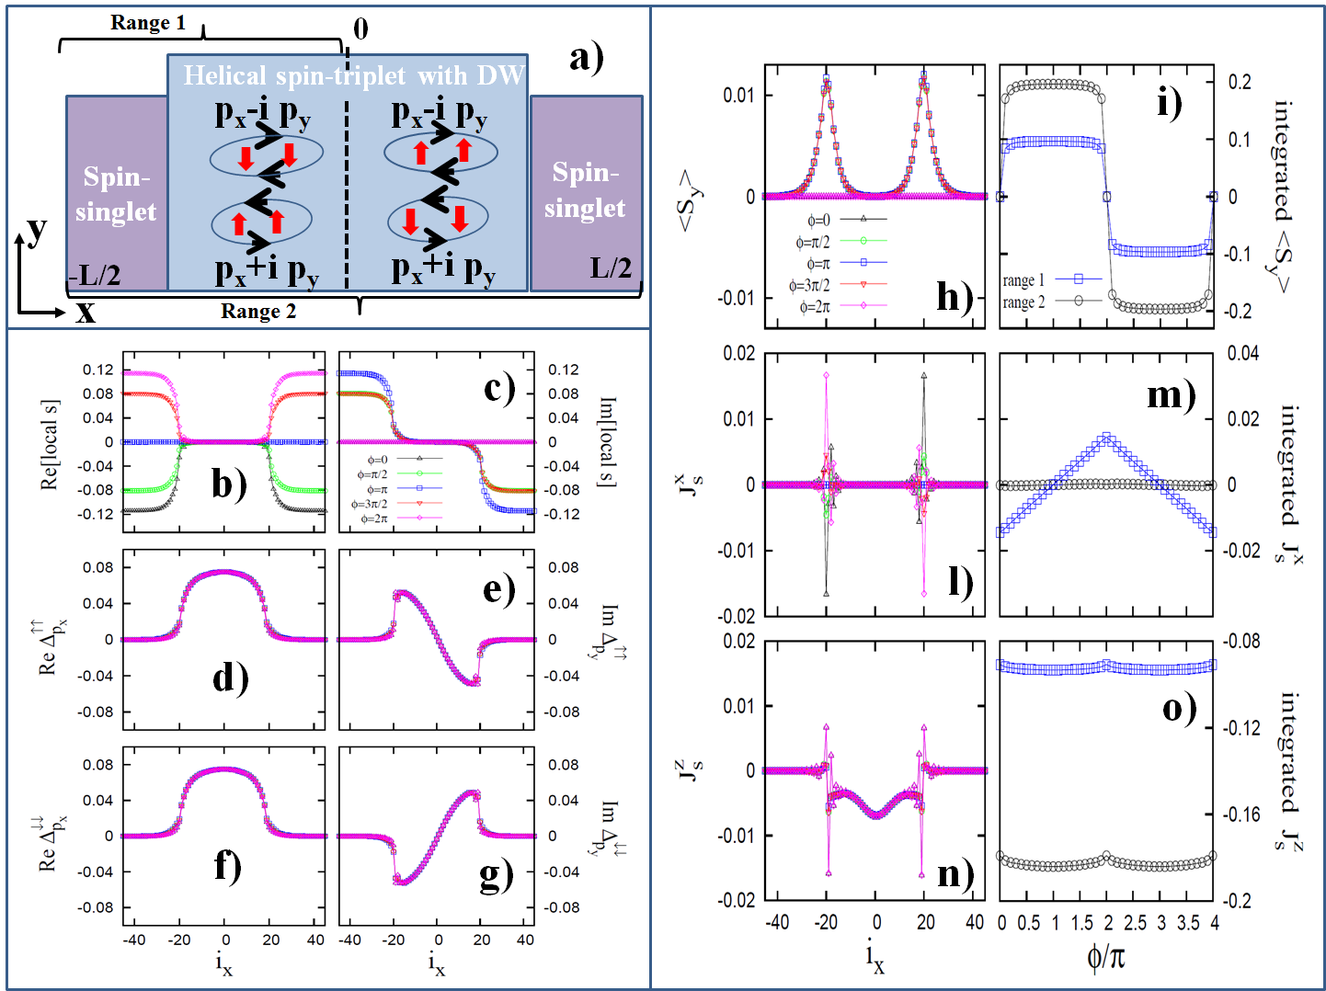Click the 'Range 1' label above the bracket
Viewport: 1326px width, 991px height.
pyautogui.click(x=147, y=23)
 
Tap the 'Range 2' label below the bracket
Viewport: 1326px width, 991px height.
pyautogui.click(x=258, y=312)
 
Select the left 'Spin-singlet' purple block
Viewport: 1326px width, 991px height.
pyautogui.click(x=116, y=194)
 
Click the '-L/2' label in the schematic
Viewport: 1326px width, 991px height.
pyautogui.click(x=95, y=275)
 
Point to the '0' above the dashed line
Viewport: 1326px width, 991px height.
pyautogui.click(x=360, y=29)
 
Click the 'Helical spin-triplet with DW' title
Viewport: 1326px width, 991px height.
pyautogui.click(x=353, y=75)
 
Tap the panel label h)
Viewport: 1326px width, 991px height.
pyautogui.click(x=954, y=296)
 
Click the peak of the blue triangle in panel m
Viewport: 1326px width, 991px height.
pyautogui.click(x=1107, y=438)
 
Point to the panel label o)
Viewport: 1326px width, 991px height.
pyautogui.click(x=1180, y=708)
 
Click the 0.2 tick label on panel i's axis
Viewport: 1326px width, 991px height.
pyautogui.click(x=1240, y=83)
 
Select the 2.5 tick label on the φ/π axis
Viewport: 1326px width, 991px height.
pyautogui.click(x=1136, y=923)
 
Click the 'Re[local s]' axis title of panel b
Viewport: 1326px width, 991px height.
pyautogui.click(x=51, y=445)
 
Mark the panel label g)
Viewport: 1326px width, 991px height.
pyautogui.click(x=497, y=876)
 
